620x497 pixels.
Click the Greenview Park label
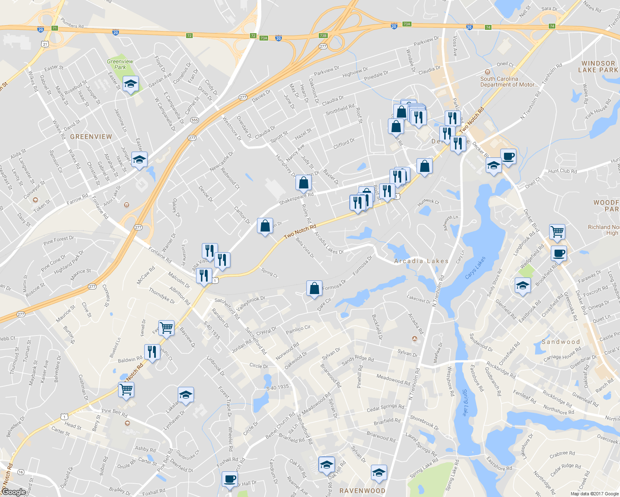(120, 64)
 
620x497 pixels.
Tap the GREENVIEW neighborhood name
(91, 136)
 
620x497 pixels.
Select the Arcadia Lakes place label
(421, 261)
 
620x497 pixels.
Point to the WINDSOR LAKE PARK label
(598, 67)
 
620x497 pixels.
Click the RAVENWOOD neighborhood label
(362, 491)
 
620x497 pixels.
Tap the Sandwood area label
(561, 342)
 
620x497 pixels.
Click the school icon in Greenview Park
(131, 84)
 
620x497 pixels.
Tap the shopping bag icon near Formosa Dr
(315, 288)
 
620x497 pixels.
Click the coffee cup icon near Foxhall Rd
(230, 479)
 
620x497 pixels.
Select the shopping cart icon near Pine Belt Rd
(126, 389)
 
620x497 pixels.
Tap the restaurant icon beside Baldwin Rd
(152, 352)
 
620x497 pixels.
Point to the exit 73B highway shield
(323, 36)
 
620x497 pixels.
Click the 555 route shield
(194, 120)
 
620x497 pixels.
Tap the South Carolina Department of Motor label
(509, 82)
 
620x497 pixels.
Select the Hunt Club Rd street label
(562, 171)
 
